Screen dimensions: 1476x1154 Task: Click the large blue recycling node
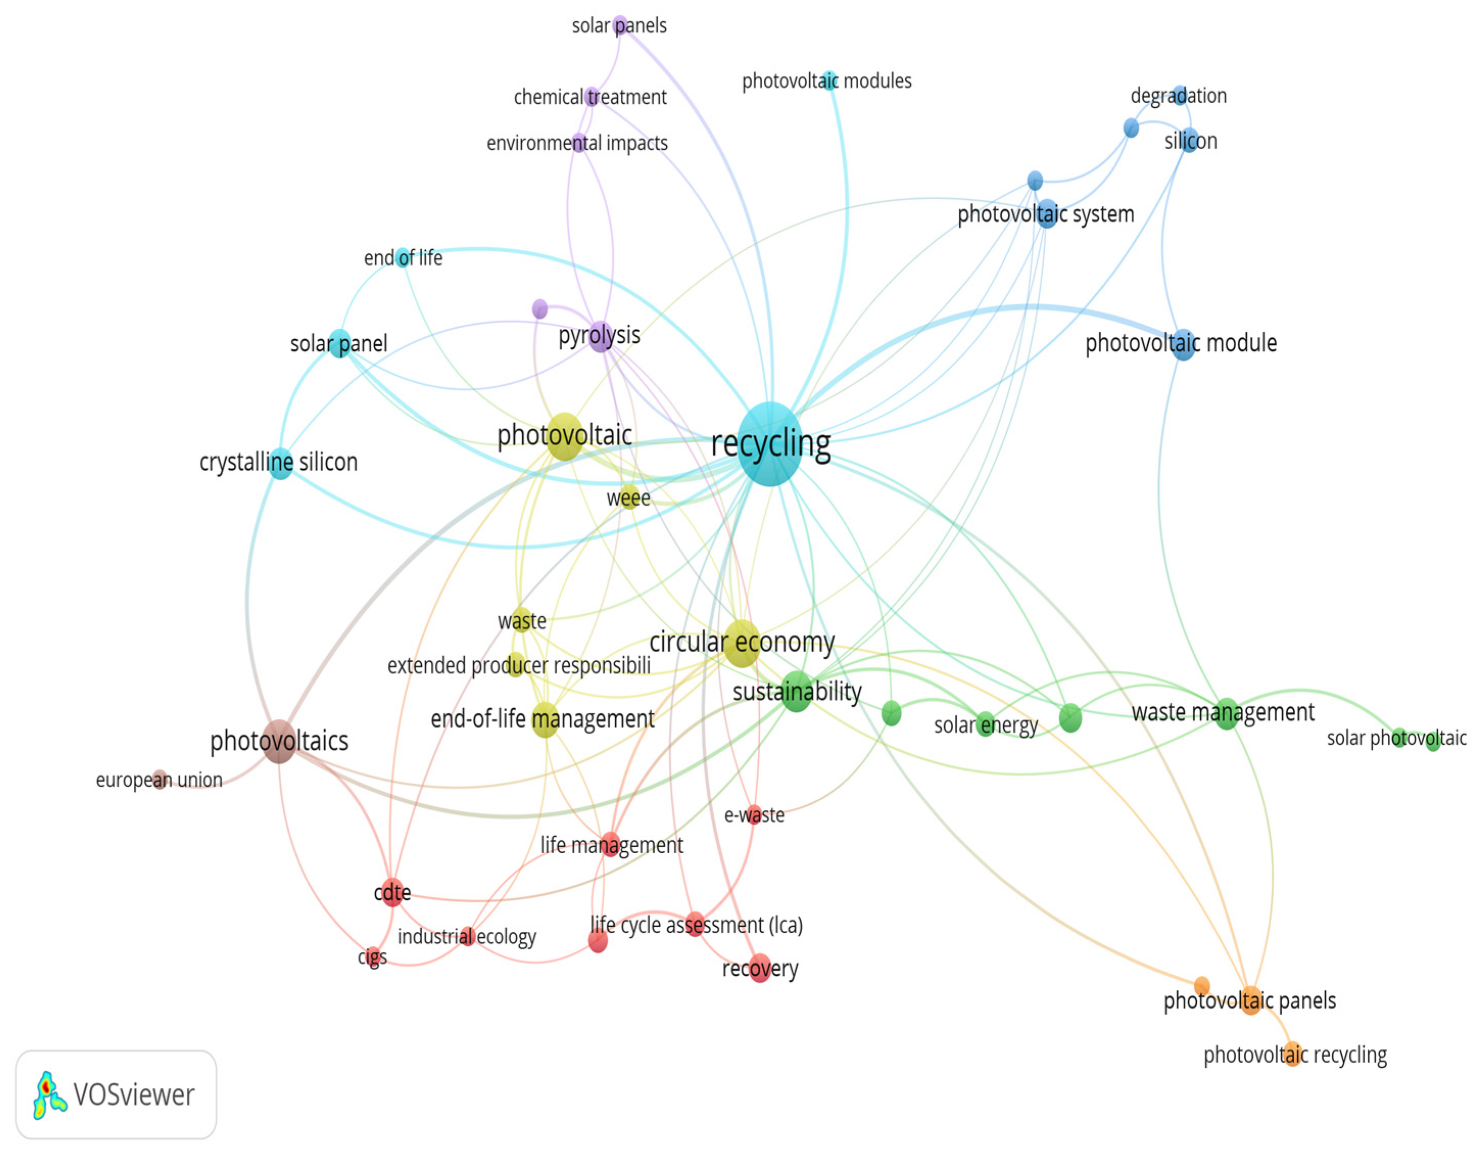[770, 444]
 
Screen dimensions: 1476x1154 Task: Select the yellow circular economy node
[741, 643]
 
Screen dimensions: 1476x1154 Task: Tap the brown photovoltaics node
[278, 741]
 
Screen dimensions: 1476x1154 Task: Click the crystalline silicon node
[280, 463]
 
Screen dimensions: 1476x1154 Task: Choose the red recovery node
[760, 968]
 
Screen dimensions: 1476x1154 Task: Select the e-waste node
[754, 814]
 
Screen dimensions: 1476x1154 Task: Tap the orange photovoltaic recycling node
[1292, 1054]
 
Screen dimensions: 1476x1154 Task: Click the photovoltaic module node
[1183, 344]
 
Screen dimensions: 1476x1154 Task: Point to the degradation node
[1180, 95]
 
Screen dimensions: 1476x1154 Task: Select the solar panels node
[620, 26]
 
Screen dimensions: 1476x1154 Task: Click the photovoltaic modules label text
[827, 81]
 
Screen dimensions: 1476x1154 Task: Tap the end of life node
[403, 257]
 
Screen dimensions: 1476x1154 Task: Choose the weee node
[629, 497]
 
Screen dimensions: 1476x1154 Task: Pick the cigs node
[372, 955]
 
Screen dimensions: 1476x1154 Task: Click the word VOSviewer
[134, 1094]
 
